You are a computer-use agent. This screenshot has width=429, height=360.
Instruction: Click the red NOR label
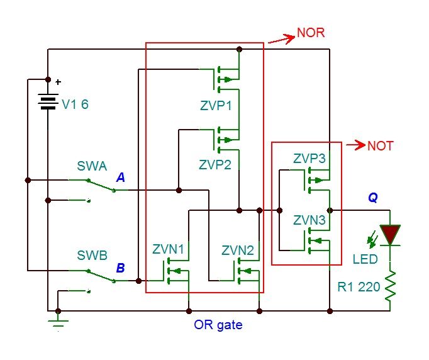(x=311, y=33)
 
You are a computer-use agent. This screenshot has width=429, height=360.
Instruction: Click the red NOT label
(x=380, y=146)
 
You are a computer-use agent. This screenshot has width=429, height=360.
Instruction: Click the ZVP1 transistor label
(x=215, y=106)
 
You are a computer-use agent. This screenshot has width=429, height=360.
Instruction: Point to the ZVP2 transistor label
(x=215, y=165)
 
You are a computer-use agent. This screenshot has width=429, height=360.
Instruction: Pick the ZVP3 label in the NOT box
(x=309, y=159)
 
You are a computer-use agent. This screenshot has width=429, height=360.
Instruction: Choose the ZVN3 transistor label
(x=309, y=221)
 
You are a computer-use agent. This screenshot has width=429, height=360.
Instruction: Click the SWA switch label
(x=92, y=167)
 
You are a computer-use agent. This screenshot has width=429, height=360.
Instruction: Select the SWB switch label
(x=92, y=256)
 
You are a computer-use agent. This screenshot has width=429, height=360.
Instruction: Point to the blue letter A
(x=121, y=179)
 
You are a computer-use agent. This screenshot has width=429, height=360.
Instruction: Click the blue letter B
(x=121, y=268)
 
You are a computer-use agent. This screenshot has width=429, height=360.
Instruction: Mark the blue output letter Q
(x=373, y=198)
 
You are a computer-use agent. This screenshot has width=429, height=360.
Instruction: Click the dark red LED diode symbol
(x=390, y=235)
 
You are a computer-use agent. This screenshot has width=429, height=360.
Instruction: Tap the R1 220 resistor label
(x=359, y=288)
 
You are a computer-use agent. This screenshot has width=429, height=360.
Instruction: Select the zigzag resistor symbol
(x=390, y=286)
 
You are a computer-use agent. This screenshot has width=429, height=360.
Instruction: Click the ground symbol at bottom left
(x=58, y=324)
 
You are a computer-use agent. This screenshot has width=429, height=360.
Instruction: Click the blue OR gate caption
(x=218, y=325)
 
